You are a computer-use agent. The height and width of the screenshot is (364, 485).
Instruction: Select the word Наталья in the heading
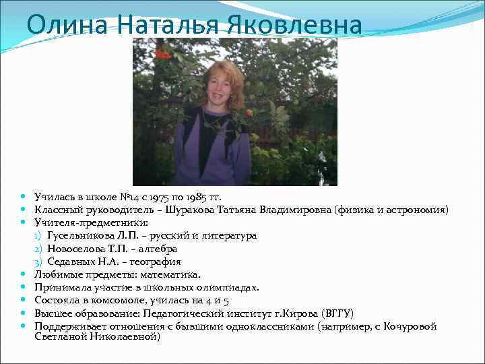[x=161, y=26]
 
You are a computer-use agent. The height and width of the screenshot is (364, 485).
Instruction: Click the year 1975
[x=153, y=197]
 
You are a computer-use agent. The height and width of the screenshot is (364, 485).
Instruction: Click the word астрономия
[x=414, y=210]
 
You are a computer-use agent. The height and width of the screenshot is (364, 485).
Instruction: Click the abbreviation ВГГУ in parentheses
[x=337, y=313]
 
